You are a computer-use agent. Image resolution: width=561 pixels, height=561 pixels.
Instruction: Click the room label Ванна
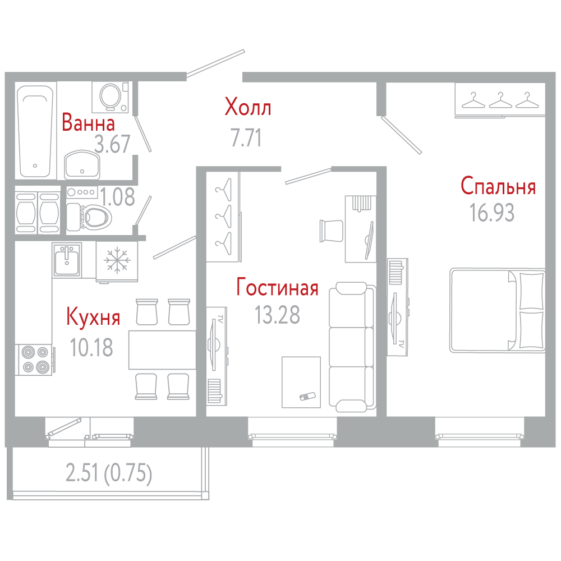click(x=89, y=122)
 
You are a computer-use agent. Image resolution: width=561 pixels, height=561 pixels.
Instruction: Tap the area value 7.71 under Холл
click(x=246, y=138)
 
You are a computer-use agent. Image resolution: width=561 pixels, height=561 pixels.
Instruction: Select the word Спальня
click(x=498, y=186)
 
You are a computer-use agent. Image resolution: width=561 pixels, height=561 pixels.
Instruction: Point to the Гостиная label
click(x=277, y=287)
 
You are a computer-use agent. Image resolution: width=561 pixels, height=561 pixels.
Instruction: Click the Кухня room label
click(x=93, y=317)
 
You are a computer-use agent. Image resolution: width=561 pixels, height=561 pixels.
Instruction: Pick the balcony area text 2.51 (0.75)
click(x=109, y=473)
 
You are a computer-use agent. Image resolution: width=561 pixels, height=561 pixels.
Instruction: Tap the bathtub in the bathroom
click(x=35, y=131)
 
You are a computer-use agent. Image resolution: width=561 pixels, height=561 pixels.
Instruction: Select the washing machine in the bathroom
click(x=110, y=97)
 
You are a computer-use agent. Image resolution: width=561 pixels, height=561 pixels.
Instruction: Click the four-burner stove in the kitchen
click(x=35, y=360)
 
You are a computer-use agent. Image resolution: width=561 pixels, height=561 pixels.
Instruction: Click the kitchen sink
click(x=67, y=260)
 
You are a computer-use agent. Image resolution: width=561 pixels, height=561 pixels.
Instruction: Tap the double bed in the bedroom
click(x=498, y=311)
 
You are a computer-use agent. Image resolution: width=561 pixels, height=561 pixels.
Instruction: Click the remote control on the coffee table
click(x=307, y=396)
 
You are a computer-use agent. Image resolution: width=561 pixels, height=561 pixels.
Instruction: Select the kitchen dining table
click(x=162, y=350)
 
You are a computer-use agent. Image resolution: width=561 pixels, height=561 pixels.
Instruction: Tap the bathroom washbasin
click(x=82, y=164)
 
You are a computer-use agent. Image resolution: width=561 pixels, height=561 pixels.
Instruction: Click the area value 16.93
click(x=492, y=213)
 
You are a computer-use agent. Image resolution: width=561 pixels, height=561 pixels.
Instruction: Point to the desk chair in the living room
click(x=331, y=231)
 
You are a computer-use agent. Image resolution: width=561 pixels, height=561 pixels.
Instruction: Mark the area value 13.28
click(x=277, y=315)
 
